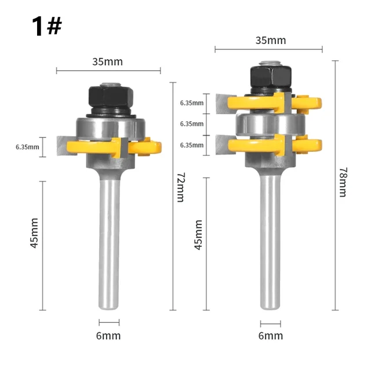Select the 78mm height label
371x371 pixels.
pos(342,181)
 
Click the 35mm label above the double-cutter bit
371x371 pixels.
pos(270,41)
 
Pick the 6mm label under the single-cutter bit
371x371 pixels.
pos(108,336)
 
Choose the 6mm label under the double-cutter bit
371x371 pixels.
pos(270,336)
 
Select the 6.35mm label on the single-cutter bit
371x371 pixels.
pos(27,147)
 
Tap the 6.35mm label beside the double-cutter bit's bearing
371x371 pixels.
pos(191,123)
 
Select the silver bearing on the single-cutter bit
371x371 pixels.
pos(108,126)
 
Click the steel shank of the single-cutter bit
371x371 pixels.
pos(108,243)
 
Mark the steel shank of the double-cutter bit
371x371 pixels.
pos(270,243)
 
